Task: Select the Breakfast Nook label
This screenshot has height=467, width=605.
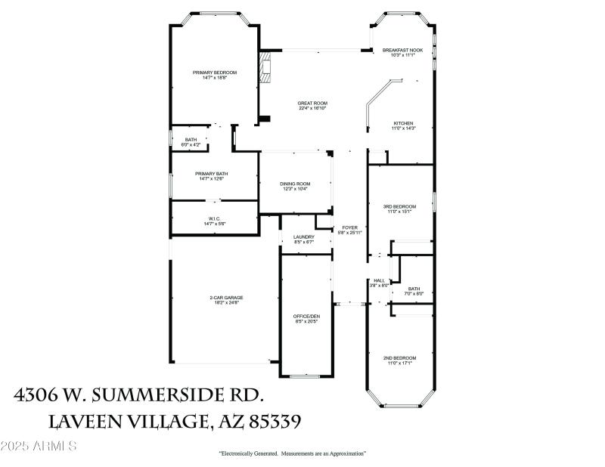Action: click(x=402, y=52)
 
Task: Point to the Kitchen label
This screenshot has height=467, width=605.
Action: click(x=402, y=125)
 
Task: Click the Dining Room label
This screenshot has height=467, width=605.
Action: click(x=295, y=186)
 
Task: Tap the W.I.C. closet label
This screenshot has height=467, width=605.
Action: click(x=214, y=221)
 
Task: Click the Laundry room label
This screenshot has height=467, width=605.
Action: click(x=303, y=240)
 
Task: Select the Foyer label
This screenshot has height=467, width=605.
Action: click(x=349, y=230)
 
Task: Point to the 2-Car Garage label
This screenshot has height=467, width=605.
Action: click(x=226, y=300)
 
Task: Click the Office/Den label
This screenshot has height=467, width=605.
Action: click(x=306, y=318)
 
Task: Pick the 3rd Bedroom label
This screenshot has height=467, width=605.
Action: click(x=399, y=209)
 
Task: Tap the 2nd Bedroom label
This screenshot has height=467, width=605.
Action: click(x=399, y=360)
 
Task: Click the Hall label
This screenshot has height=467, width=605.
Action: click(x=378, y=283)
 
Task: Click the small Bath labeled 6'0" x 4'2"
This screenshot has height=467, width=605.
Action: click(x=191, y=142)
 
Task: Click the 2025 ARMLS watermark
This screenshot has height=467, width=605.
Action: click(x=39, y=447)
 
